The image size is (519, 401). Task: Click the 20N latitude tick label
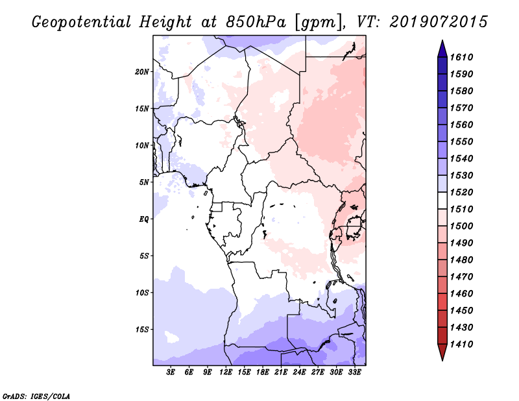point(141,72)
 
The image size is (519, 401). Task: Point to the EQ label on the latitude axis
point(143,219)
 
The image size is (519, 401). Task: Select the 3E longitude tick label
point(171,372)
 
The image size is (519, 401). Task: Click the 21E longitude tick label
point(281,372)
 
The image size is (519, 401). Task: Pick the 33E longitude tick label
point(354,372)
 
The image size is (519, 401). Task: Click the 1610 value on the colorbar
point(461,57)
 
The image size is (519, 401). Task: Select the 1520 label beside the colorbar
point(461,192)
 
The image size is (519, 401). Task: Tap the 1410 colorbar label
point(461,345)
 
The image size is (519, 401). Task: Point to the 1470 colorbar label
point(461,277)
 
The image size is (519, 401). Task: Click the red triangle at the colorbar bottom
point(442,351)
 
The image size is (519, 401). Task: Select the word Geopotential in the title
point(81,22)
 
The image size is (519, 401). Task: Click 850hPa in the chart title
point(256,22)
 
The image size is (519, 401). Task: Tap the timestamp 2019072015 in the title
point(439,22)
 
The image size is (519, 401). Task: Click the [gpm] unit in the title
point(318,23)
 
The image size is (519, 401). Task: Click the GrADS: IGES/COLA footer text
point(36,396)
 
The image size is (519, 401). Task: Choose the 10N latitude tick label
point(142,145)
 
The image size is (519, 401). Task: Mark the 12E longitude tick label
point(226,372)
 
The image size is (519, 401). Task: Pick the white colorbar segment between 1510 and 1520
point(442,200)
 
